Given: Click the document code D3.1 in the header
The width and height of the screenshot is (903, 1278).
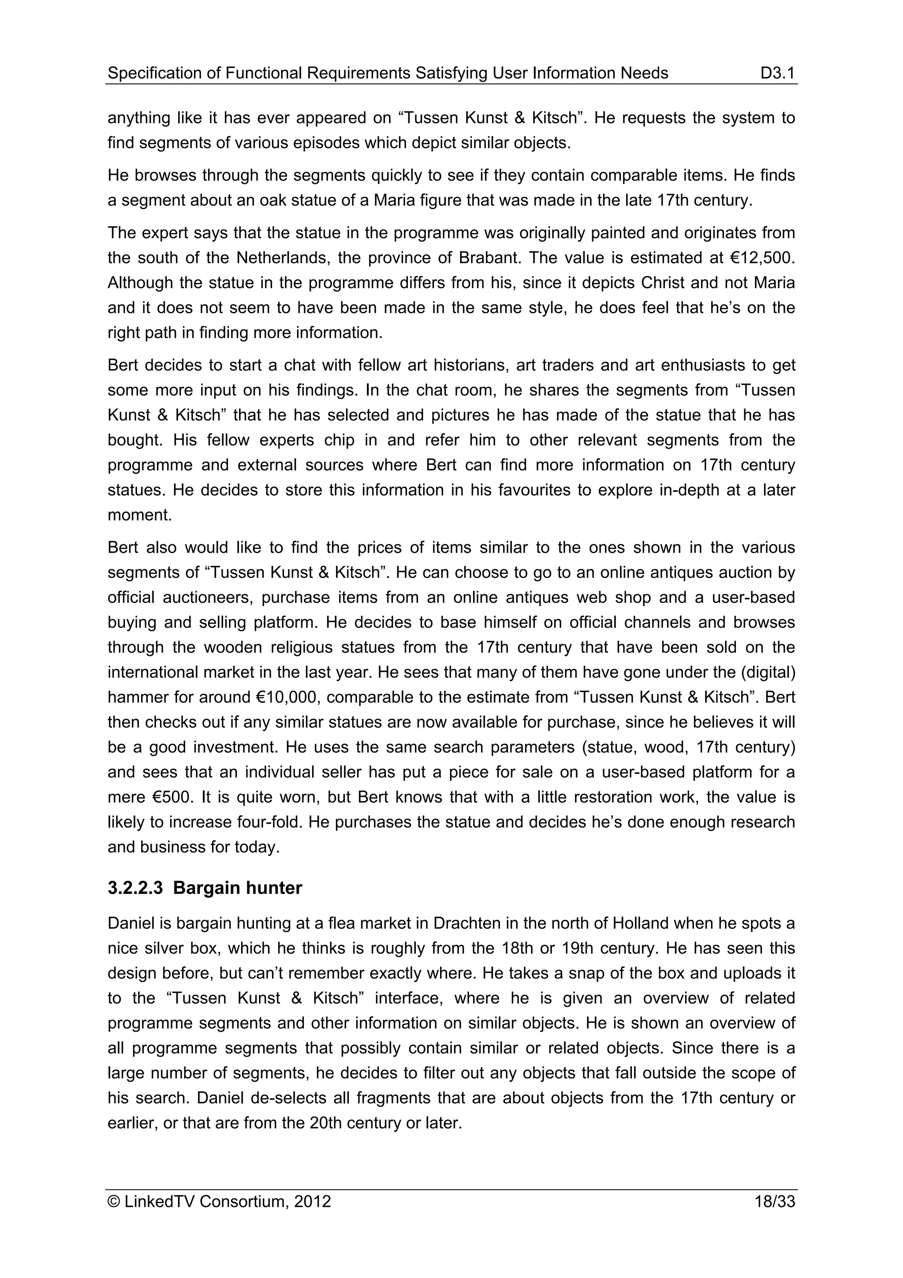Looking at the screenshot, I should [x=777, y=73].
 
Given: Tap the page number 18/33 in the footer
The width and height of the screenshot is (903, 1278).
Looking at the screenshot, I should [x=775, y=1202].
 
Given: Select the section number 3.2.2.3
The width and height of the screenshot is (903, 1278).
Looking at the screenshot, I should [x=135, y=888].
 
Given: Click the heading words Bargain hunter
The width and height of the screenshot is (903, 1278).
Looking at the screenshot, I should [x=238, y=888].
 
